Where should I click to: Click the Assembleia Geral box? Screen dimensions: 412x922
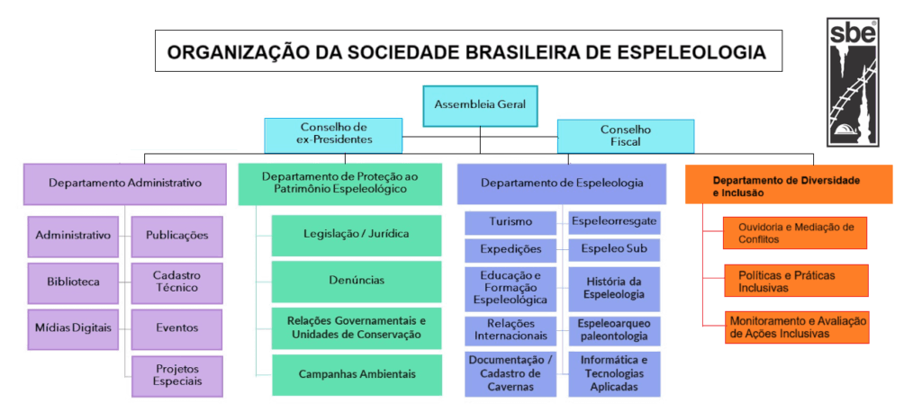click(x=480, y=104)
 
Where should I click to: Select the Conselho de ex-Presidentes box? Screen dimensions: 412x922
click(x=332, y=134)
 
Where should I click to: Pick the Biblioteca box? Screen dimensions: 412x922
click(x=73, y=282)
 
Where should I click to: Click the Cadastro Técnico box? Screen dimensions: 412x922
click(x=176, y=282)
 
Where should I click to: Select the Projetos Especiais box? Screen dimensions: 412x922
click(x=176, y=374)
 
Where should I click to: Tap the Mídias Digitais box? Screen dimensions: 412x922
click(x=73, y=327)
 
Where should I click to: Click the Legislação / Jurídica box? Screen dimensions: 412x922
click(x=357, y=235)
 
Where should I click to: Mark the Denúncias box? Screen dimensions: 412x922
click(x=357, y=281)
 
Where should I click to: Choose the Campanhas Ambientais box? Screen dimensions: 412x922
click(x=357, y=372)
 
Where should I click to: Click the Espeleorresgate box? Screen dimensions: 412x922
click(x=613, y=221)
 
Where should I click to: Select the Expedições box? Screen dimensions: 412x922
click(x=511, y=249)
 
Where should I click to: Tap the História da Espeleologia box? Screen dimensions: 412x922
click(x=613, y=288)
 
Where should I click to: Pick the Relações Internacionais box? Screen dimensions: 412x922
click(x=511, y=329)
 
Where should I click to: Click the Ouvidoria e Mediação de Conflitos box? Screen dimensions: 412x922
click(x=796, y=232)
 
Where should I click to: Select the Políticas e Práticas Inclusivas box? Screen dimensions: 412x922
click(x=796, y=281)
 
